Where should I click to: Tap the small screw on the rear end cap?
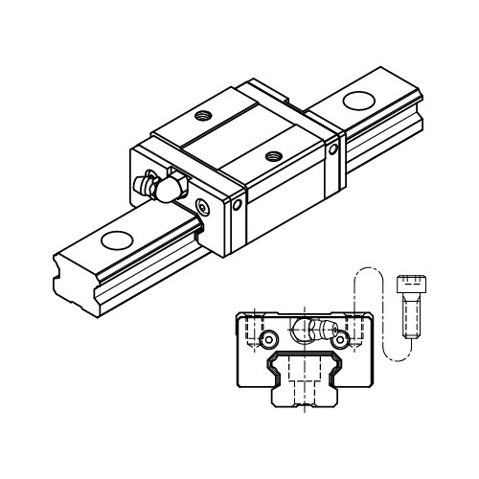tap(332, 149)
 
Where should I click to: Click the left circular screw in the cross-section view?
tap(271, 339)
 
